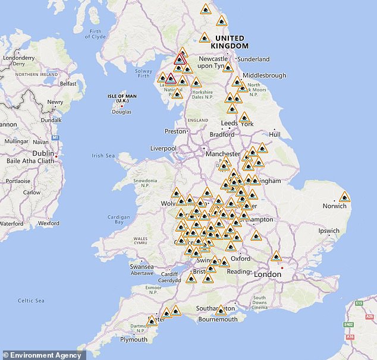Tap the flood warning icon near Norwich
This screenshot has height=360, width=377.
pos(344,197)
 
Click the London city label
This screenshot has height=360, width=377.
pos(267,274)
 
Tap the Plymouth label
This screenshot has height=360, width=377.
pos(133,339)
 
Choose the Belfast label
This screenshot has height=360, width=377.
pos(68,84)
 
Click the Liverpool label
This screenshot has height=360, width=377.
pos(163,148)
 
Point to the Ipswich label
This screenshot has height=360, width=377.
pos(329,230)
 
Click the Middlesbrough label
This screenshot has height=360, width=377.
pos(264,75)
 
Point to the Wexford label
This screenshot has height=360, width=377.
pos(49,223)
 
